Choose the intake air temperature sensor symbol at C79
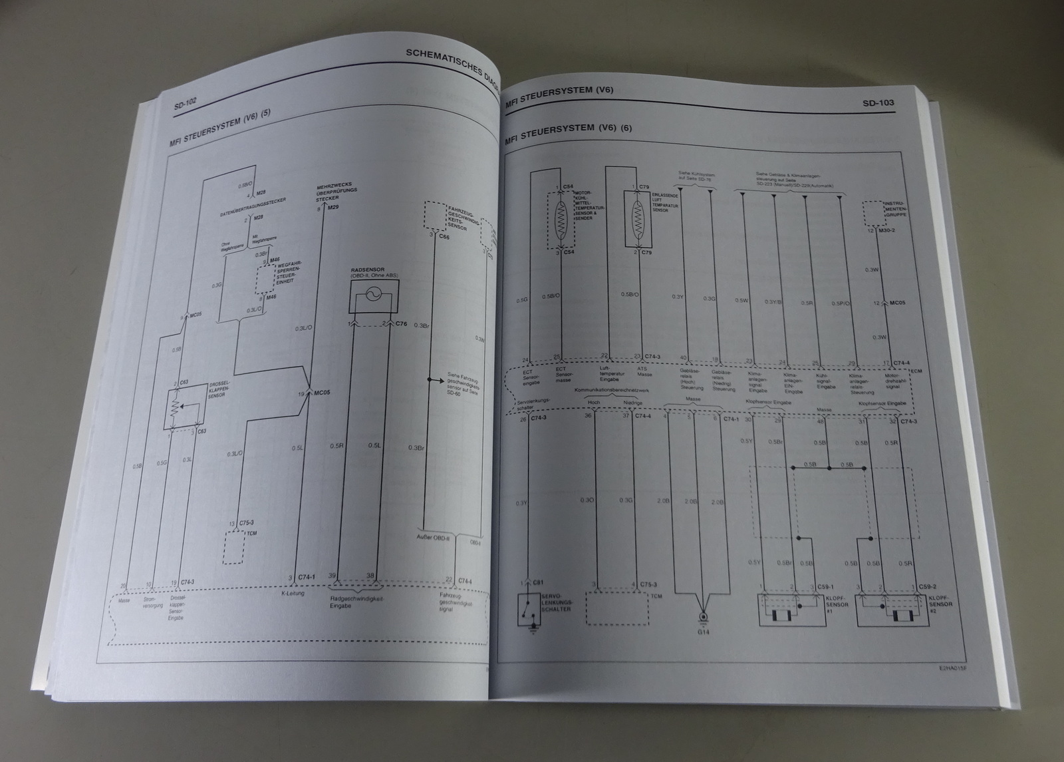pyautogui.click(x=638, y=219)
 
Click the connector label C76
pyautogui.click(x=401, y=324)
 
